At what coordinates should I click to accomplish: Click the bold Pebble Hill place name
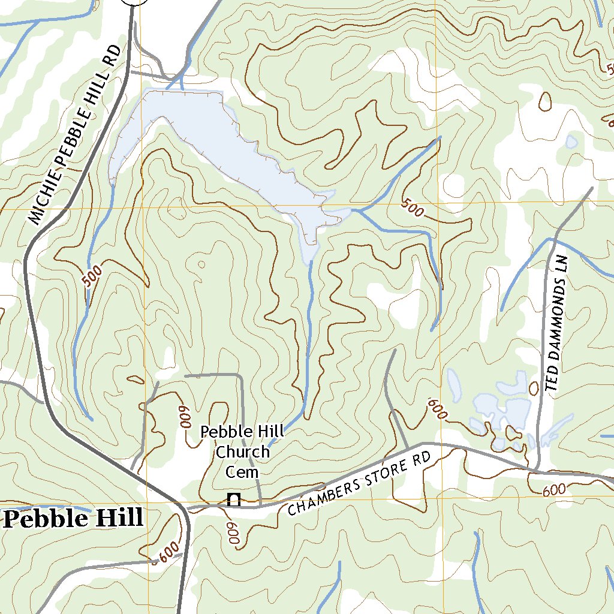tap(74, 518)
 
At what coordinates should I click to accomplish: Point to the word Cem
tap(242, 472)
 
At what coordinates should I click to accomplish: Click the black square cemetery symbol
tap(234, 499)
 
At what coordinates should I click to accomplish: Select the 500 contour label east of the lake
tap(413, 208)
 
